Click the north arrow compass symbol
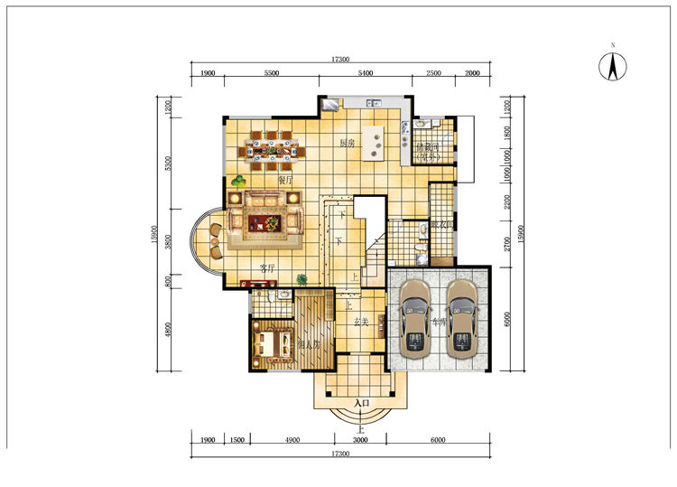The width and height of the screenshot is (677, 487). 612,66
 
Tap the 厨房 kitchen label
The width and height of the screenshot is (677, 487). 346,143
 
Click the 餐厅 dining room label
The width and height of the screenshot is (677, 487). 286,180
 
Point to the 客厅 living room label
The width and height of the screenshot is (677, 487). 267,268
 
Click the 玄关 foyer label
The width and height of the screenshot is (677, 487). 361,322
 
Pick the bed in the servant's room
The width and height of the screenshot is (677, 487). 269,344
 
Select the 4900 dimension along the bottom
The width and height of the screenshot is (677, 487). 292,440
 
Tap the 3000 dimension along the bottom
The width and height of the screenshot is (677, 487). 361,440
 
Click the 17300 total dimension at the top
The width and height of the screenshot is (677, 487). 339,59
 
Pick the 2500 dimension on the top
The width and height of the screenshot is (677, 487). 433,72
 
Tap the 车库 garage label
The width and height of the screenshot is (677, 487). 440,322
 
